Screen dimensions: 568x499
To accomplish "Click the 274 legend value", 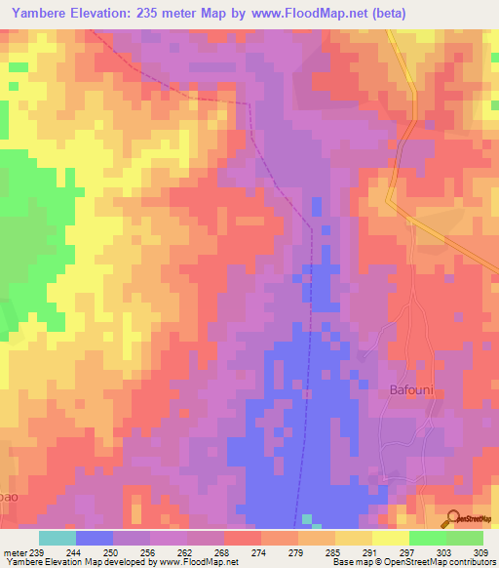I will [260, 551].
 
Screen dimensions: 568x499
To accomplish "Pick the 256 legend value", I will [150, 551].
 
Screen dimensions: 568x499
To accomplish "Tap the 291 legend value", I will [371, 551].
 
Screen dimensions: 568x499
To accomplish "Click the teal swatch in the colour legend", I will [58, 538].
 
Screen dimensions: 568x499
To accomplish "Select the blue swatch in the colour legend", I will [95, 538].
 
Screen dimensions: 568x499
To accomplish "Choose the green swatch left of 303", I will [427, 538].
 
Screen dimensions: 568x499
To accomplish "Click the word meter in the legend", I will [15, 551].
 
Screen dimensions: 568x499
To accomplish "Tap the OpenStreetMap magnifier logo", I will [452, 517].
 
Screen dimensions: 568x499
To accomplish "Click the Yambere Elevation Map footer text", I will [58, 562].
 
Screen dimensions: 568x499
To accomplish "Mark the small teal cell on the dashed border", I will [308, 518].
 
